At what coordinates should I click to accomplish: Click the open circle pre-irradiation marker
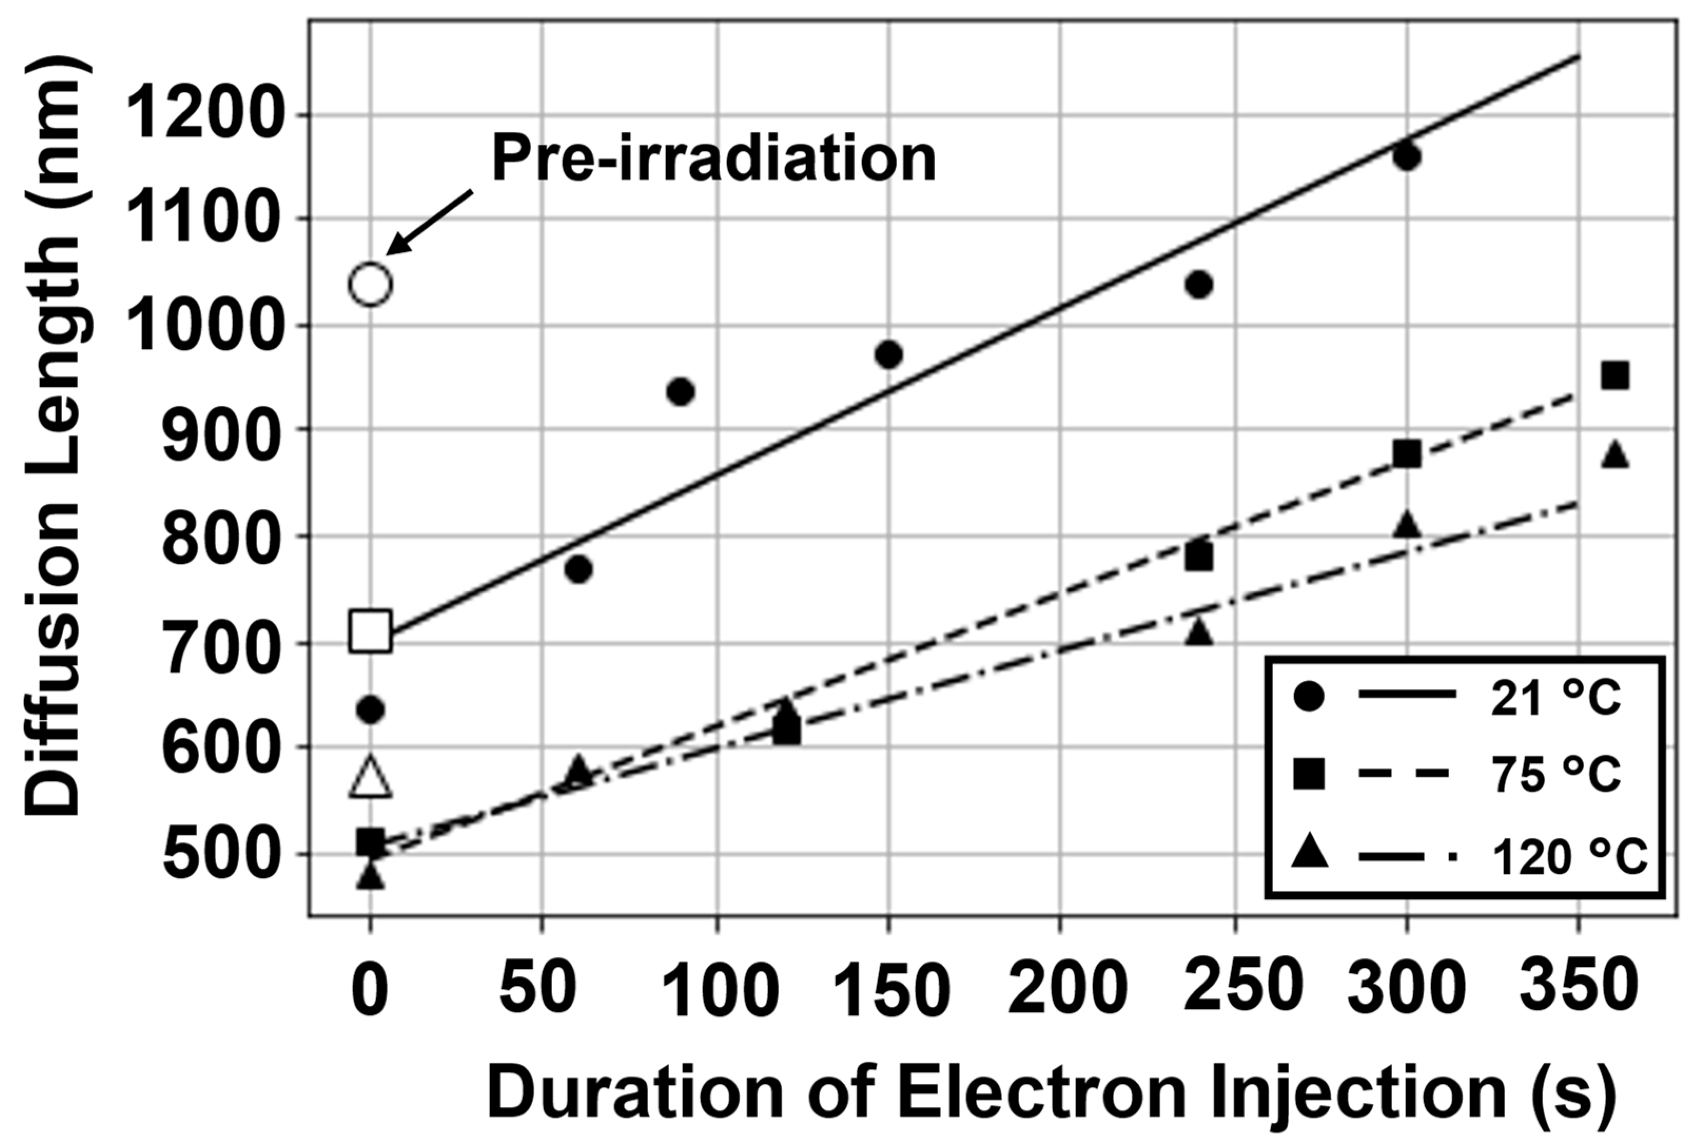[371, 284]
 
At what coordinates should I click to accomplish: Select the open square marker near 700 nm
[371, 631]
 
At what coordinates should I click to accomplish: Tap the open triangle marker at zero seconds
[371, 777]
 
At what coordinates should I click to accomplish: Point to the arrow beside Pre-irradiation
[430, 222]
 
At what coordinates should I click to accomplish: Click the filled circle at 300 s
[1406, 156]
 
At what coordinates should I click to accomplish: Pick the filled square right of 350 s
[1615, 376]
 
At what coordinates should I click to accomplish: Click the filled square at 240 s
[1198, 557]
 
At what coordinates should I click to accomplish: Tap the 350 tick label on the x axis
[1577, 987]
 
